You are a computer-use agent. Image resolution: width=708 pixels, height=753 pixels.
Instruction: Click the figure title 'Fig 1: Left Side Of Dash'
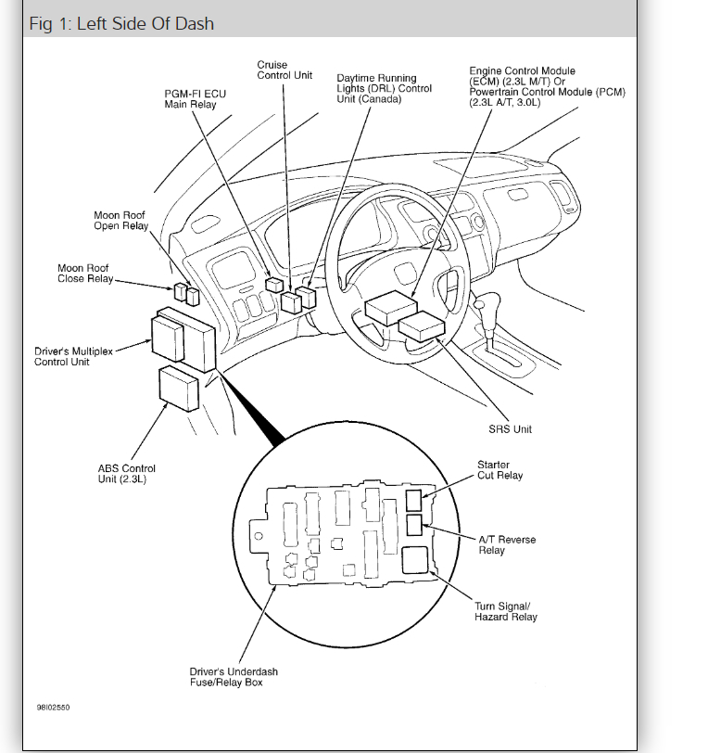coord(121,22)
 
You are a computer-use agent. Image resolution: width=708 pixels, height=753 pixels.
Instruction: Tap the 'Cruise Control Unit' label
coord(284,70)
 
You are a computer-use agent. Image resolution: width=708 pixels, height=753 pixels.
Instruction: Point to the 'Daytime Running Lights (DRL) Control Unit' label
coord(384,89)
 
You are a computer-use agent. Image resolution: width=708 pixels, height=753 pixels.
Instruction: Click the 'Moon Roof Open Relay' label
coord(120,221)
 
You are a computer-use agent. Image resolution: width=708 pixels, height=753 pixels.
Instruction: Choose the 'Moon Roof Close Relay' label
coord(84,274)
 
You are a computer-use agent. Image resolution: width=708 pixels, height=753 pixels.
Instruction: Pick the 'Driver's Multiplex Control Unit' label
coord(62,357)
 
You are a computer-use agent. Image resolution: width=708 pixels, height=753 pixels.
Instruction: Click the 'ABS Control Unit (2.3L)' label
coord(127,474)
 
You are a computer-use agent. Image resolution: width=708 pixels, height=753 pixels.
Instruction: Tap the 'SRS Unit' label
coord(511,429)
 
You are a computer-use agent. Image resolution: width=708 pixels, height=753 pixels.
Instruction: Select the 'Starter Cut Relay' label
coord(499,470)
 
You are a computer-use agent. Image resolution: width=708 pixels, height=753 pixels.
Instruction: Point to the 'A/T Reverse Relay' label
coord(507,544)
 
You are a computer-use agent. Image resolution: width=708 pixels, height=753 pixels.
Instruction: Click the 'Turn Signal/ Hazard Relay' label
coord(505,611)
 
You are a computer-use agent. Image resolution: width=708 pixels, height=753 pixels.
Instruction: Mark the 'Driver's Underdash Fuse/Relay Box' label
coord(234,678)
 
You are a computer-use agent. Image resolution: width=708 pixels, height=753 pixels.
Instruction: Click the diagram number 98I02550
coord(53,708)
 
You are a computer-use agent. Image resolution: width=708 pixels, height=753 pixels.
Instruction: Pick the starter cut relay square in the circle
coord(413,501)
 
